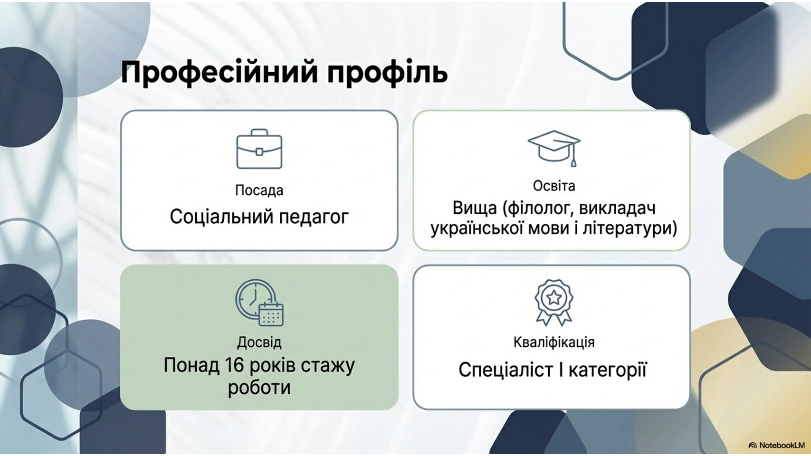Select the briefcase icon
click(259, 149)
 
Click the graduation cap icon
click(554, 148)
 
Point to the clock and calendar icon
click(259, 303)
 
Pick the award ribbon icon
click(553, 302)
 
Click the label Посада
click(259, 190)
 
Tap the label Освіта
click(554, 186)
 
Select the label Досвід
click(259, 342)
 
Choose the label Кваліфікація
click(554, 342)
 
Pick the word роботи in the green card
click(259, 388)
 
